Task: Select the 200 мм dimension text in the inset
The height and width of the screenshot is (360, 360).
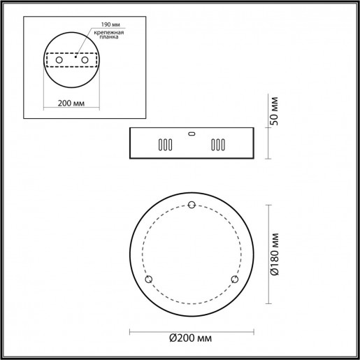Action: tap(72, 103)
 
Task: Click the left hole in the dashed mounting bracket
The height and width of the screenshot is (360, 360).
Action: tap(59, 62)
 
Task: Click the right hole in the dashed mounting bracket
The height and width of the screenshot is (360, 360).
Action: tap(85, 62)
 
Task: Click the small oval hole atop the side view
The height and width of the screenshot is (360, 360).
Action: tap(192, 133)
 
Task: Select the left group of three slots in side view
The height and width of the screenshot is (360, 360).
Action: tap(164, 145)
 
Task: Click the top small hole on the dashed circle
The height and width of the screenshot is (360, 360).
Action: tap(192, 205)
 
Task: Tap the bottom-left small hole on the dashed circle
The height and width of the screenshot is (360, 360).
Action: tap(148, 280)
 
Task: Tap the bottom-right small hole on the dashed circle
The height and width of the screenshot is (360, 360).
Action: tap(235, 280)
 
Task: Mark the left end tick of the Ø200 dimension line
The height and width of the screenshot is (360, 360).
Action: tap(130, 331)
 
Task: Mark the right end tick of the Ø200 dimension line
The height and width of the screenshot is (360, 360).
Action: tap(254, 331)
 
